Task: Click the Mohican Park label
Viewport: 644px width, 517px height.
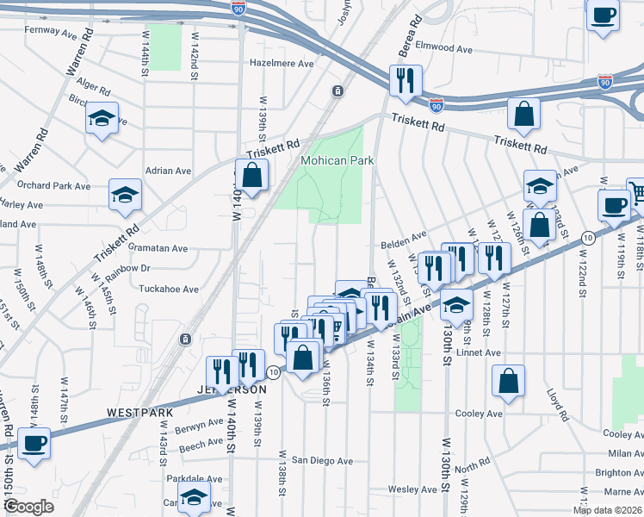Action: click(337, 161)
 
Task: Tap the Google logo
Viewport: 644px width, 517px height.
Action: click(28, 507)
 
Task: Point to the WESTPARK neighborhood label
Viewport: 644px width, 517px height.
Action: click(135, 413)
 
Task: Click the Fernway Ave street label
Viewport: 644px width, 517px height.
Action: click(51, 32)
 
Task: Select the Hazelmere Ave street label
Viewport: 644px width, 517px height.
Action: click(282, 63)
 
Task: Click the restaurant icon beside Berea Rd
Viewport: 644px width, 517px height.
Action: click(405, 81)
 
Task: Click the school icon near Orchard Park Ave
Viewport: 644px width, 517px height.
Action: click(125, 195)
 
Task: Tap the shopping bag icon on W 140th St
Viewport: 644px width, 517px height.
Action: click(251, 175)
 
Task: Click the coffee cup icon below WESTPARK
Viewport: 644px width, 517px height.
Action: click(34, 444)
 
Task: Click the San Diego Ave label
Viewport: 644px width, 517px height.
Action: click(322, 460)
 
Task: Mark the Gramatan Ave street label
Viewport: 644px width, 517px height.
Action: click(158, 248)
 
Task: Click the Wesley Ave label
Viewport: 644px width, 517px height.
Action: click(413, 489)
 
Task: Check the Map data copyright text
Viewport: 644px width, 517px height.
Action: click(609, 510)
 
